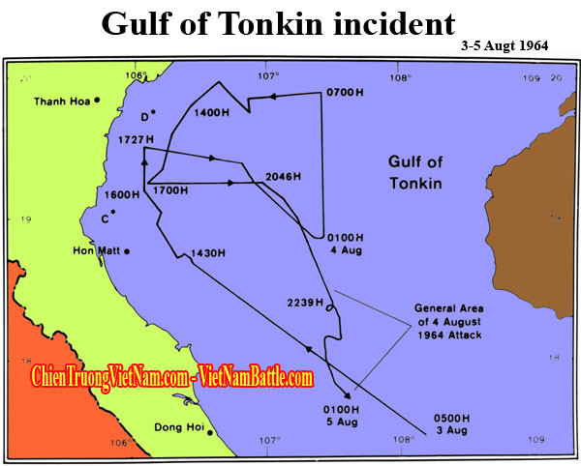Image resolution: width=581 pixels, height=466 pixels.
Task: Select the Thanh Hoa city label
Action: [61, 101]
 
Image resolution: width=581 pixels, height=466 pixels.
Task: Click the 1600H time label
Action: [122, 194]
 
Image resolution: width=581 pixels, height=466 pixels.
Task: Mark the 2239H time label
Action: [304, 303]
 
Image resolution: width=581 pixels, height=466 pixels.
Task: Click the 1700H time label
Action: [170, 189]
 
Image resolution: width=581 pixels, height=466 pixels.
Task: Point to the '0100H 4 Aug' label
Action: [347, 242]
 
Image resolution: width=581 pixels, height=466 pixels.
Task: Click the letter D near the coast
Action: [144, 117]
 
